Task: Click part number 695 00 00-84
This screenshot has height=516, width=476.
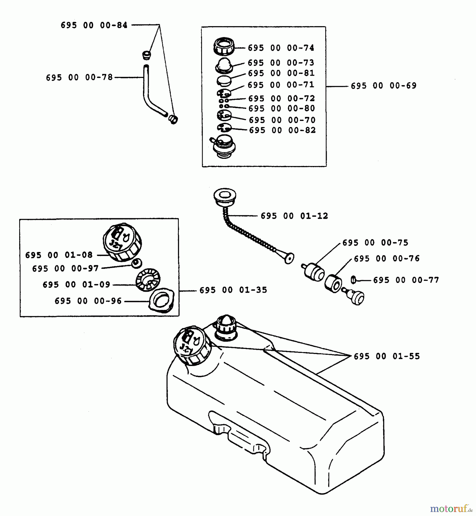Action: point(94,25)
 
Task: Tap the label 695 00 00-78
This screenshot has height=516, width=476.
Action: point(79,77)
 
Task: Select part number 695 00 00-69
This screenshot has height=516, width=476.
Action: point(384,86)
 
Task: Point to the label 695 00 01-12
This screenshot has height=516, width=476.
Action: point(294,216)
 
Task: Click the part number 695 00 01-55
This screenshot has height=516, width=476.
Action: point(387,356)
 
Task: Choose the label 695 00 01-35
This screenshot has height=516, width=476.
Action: point(233,290)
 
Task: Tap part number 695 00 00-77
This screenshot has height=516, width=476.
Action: point(406,280)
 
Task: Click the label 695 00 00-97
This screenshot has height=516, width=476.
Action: point(65,269)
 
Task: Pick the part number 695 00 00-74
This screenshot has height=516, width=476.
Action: point(281,48)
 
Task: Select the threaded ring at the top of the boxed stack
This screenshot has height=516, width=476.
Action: point(224,46)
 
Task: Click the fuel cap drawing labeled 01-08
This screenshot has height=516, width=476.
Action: point(123,242)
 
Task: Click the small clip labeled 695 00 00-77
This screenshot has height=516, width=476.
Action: point(353,280)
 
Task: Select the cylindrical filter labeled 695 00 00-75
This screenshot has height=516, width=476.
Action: point(314,271)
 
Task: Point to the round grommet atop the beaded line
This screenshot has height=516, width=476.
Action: point(225,196)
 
